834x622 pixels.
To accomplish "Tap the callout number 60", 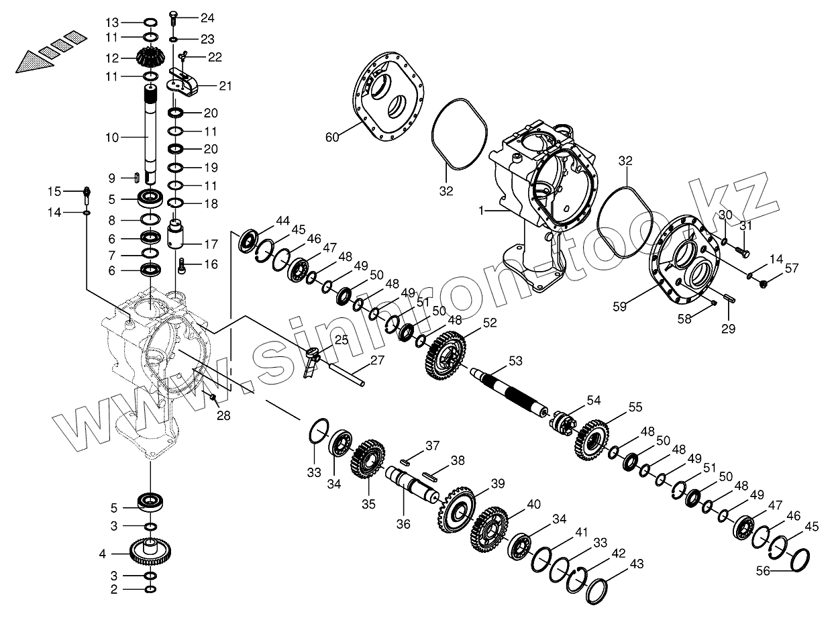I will pos(332,138).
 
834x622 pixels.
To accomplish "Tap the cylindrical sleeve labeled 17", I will pos(178,235).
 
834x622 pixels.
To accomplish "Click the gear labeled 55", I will pos(592,439).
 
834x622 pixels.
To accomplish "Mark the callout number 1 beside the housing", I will pos(481,211).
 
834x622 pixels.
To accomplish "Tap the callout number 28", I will pos(223,416).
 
